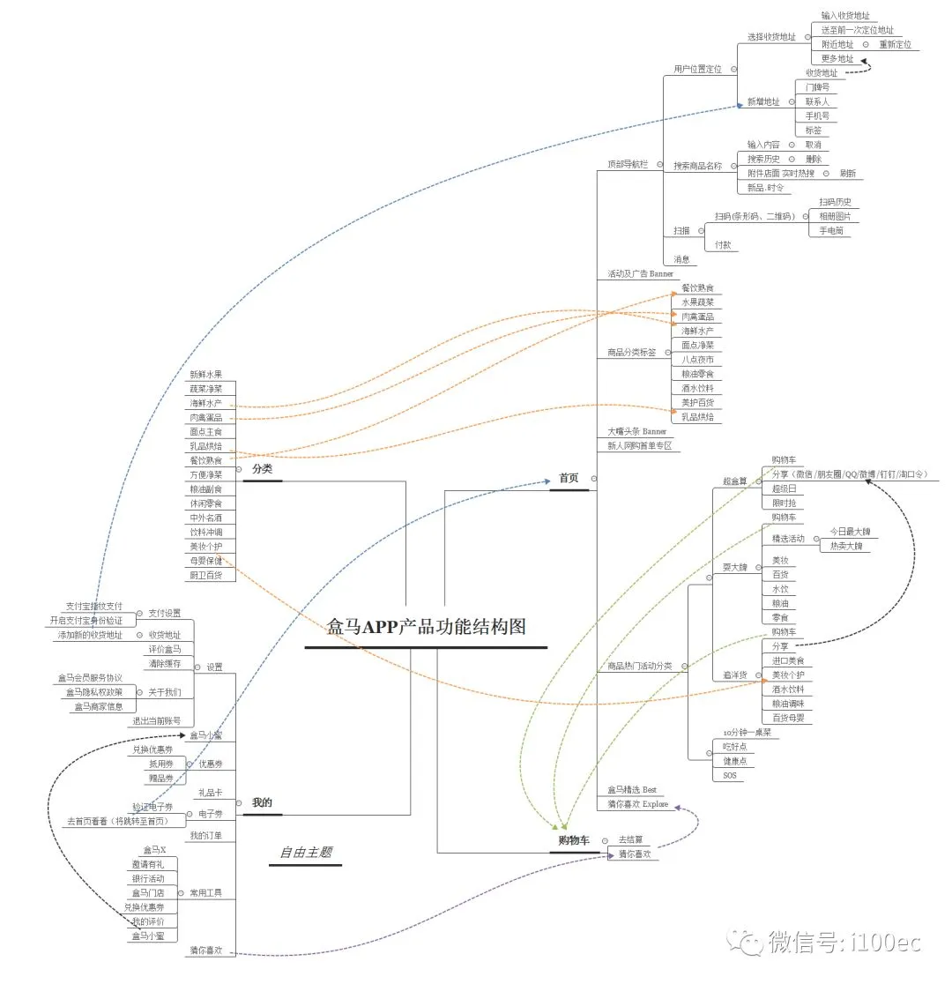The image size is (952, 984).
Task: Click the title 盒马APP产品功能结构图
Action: (x=426, y=627)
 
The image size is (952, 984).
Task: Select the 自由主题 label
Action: (x=305, y=852)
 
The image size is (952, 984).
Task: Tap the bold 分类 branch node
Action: (x=262, y=469)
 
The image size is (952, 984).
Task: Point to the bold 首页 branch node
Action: (x=569, y=478)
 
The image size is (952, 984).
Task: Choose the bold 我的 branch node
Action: (x=262, y=802)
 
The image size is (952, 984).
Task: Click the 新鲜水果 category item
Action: (x=206, y=375)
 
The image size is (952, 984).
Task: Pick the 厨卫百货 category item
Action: (x=206, y=575)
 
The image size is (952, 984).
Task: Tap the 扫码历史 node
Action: (x=835, y=202)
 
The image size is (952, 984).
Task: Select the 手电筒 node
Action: (x=830, y=230)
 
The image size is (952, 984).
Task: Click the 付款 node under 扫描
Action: (x=722, y=245)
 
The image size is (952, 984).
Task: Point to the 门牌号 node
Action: (x=817, y=87)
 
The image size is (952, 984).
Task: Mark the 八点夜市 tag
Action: (x=697, y=360)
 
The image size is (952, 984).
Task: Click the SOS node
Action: (x=729, y=775)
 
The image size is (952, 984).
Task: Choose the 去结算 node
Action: (x=630, y=839)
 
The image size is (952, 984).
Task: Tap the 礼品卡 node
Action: (x=210, y=793)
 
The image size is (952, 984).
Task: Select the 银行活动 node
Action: (x=148, y=878)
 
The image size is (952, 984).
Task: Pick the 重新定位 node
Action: (x=895, y=44)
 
